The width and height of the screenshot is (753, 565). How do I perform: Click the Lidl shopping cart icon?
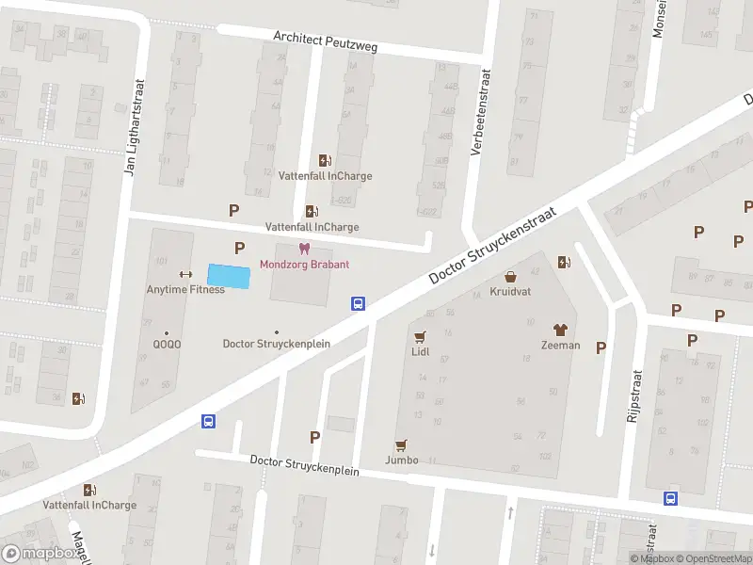[420, 336]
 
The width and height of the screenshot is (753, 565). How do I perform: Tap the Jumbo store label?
[402, 460]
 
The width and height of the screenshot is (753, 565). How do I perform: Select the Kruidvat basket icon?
[510, 277]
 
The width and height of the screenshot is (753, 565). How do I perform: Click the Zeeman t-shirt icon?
[560, 330]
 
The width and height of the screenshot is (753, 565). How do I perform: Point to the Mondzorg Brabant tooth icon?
[304, 249]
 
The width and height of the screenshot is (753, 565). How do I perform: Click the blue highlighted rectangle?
[230, 277]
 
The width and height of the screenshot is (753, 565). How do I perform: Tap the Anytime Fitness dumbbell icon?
[185, 275]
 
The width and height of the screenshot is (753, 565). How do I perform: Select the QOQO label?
[168, 344]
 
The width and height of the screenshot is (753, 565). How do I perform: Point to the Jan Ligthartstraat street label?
[134, 127]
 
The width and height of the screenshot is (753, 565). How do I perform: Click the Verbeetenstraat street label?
[480, 113]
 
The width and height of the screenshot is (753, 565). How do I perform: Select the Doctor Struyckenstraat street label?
[492, 248]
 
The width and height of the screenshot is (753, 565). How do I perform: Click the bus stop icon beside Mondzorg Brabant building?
[359, 303]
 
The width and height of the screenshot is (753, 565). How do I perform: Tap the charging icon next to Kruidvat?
[564, 263]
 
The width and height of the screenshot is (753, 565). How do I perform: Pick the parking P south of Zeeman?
[601, 347]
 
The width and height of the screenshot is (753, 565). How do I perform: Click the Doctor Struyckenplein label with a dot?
[276, 344]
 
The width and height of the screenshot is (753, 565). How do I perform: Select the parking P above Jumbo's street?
[315, 437]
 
